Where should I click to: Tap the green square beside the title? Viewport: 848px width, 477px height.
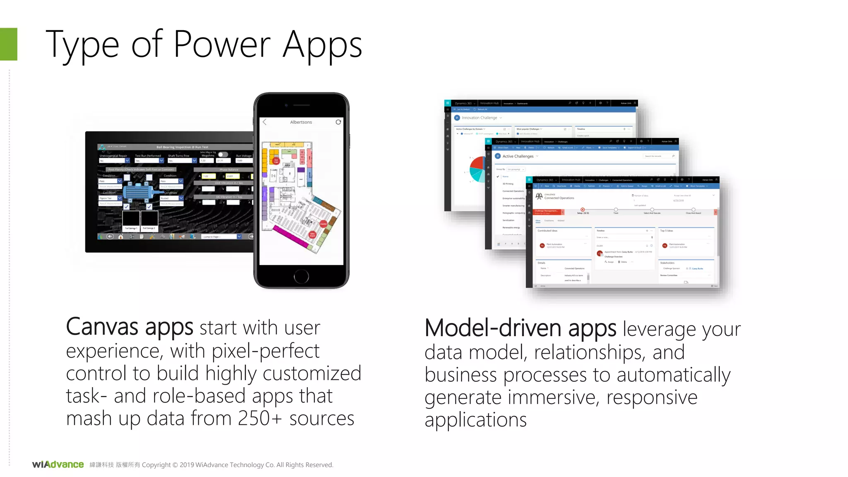coord(8,44)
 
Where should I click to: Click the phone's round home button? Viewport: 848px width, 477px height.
coord(301,276)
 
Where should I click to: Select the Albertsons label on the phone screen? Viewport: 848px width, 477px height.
coord(301,122)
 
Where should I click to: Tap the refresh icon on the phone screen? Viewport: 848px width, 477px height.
coord(338,122)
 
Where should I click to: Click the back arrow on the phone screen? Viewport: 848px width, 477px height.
coord(265,122)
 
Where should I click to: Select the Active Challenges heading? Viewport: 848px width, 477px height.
coord(518,156)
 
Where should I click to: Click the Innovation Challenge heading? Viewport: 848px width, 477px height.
coord(479,118)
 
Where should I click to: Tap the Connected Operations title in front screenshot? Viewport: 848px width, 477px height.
coord(559,198)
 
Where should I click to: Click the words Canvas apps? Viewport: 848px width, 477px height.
coord(129,327)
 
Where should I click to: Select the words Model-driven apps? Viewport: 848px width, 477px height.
coord(520,328)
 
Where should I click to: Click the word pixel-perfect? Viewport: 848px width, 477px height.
coord(265,351)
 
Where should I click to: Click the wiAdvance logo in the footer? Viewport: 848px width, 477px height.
coord(58,465)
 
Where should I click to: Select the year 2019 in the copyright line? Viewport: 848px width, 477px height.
coord(186,465)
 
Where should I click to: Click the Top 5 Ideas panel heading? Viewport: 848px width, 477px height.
coord(666,231)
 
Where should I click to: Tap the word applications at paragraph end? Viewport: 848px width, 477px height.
coord(475,420)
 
